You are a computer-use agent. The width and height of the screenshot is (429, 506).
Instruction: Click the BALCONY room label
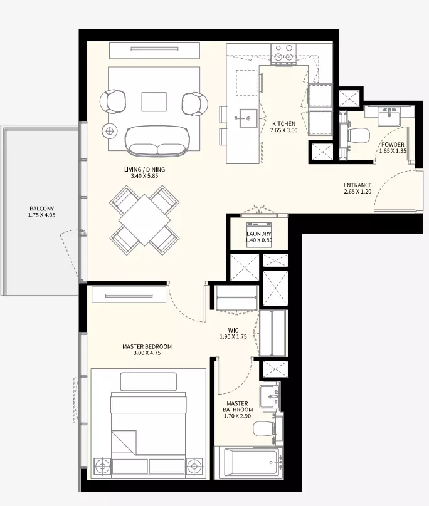[x=41, y=209]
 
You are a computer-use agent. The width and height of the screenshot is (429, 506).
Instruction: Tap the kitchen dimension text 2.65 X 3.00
[x=284, y=130]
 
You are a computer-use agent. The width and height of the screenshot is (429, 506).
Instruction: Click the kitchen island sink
[x=248, y=118]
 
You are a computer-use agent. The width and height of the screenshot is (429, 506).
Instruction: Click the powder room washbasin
[x=389, y=116]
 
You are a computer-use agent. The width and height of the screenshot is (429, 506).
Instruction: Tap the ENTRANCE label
[x=357, y=185]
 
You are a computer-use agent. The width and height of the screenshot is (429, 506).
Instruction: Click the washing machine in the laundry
[x=259, y=235]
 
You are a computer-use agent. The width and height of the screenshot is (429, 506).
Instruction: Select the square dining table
[x=144, y=220]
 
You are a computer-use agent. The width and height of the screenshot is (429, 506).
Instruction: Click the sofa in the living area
[x=157, y=140]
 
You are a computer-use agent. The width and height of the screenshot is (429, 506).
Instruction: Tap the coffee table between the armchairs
[x=154, y=102]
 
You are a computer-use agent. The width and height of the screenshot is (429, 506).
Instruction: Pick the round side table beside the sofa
[x=110, y=131]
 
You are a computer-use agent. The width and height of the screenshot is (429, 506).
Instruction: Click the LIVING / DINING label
[x=144, y=170]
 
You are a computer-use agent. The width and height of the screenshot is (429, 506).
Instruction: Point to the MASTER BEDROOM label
[x=147, y=346]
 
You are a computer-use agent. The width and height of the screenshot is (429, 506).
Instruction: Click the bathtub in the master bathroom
[x=248, y=462]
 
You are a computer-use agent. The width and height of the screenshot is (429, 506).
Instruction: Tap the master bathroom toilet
[x=264, y=428]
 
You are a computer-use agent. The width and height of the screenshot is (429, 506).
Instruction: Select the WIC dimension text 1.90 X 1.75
[x=233, y=336]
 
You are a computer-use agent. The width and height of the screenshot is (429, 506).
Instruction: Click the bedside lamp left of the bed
[x=102, y=467]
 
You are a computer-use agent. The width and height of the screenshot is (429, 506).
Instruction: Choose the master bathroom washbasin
[x=270, y=395]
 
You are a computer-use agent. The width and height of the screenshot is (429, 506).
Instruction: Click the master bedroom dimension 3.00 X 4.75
[x=147, y=353]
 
